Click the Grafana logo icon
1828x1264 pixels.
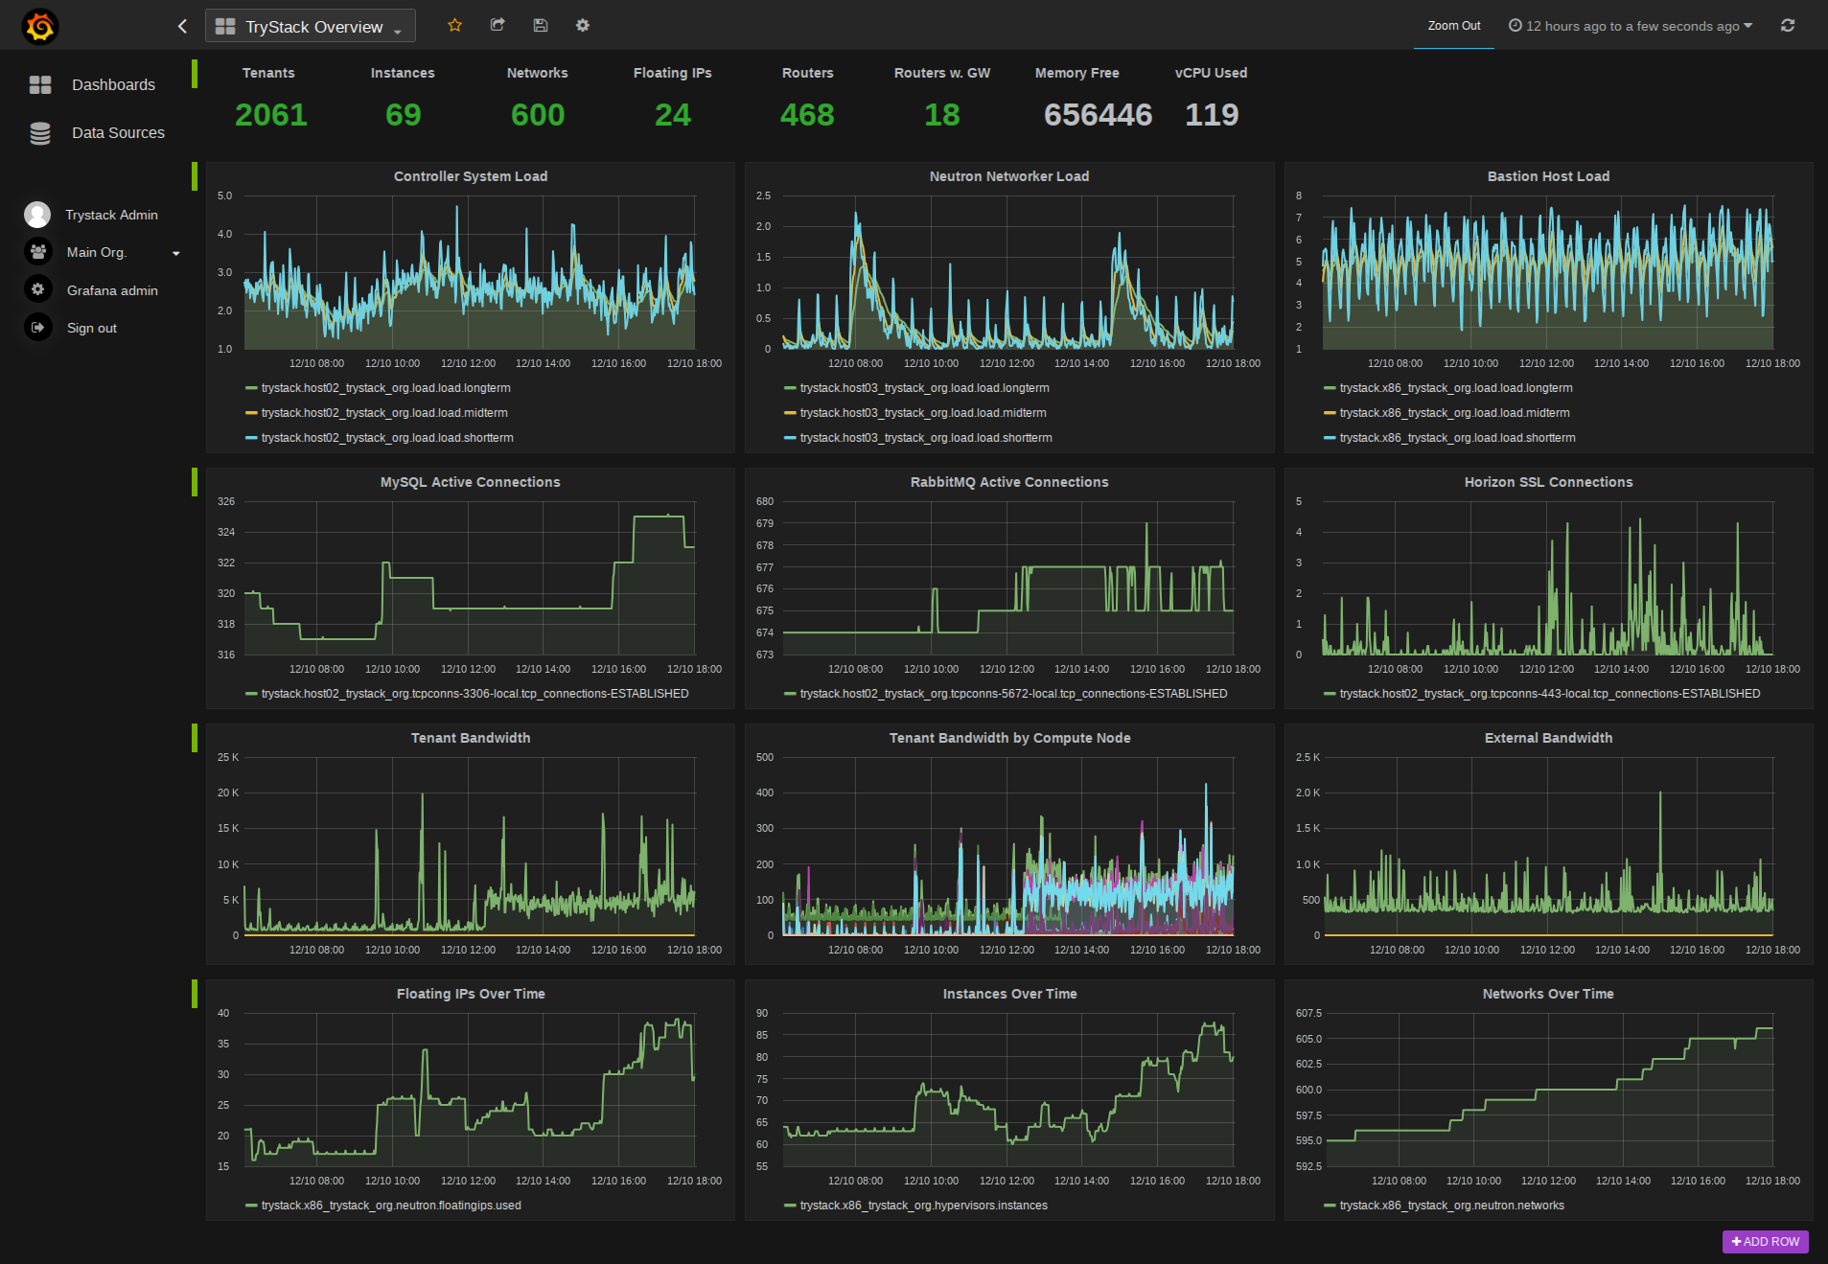(x=40, y=26)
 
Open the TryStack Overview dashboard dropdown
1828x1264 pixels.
(x=311, y=27)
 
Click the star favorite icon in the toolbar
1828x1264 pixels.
(x=454, y=26)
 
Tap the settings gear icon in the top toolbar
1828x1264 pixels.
(x=583, y=26)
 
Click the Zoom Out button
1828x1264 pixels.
(x=1453, y=26)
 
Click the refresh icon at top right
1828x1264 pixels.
(x=1788, y=26)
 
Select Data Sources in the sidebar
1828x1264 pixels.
(x=118, y=133)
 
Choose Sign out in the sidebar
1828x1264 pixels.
(x=92, y=328)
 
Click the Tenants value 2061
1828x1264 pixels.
(x=271, y=115)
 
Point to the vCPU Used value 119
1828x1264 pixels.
(x=1212, y=115)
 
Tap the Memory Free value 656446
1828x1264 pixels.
(x=1098, y=115)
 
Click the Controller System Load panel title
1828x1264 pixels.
(x=471, y=176)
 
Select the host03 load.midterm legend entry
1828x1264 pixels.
(x=922, y=413)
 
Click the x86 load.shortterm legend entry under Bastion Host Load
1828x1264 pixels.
(x=1456, y=438)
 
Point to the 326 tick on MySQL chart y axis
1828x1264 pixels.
(x=226, y=501)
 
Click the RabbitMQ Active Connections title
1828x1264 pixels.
(x=1009, y=482)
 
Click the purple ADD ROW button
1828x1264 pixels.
(x=1765, y=1242)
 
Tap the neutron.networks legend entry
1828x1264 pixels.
(x=1451, y=1206)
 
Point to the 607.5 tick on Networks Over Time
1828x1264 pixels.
(x=1308, y=1013)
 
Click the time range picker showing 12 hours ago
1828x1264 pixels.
(x=1631, y=26)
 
